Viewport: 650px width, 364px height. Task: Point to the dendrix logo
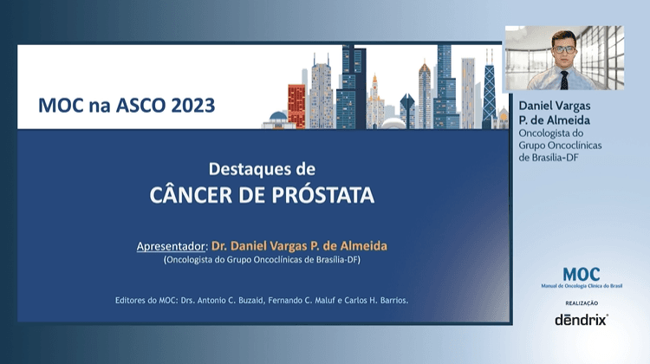click(x=581, y=319)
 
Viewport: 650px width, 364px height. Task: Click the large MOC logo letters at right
click(x=581, y=274)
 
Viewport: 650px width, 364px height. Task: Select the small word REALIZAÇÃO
click(x=581, y=302)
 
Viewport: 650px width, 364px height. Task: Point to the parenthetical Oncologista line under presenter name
click(x=262, y=259)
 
